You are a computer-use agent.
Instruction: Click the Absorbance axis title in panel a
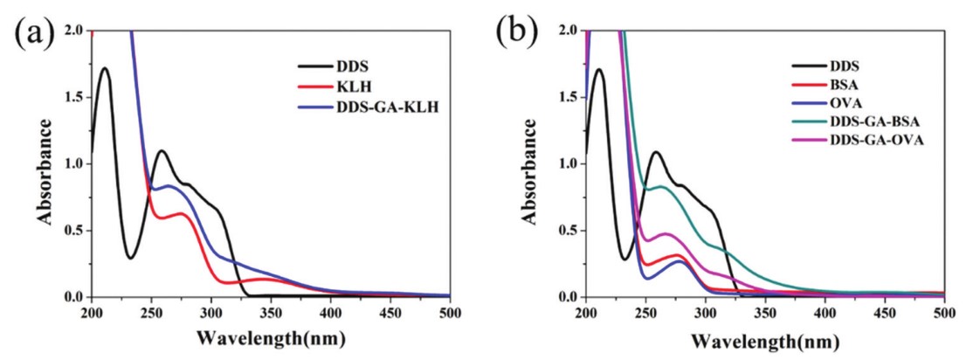[45, 163]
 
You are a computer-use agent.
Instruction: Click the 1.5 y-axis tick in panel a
[75, 97]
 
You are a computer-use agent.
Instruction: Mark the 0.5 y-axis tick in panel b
[569, 231]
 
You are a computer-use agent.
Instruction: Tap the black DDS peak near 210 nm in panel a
[104, 68]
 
